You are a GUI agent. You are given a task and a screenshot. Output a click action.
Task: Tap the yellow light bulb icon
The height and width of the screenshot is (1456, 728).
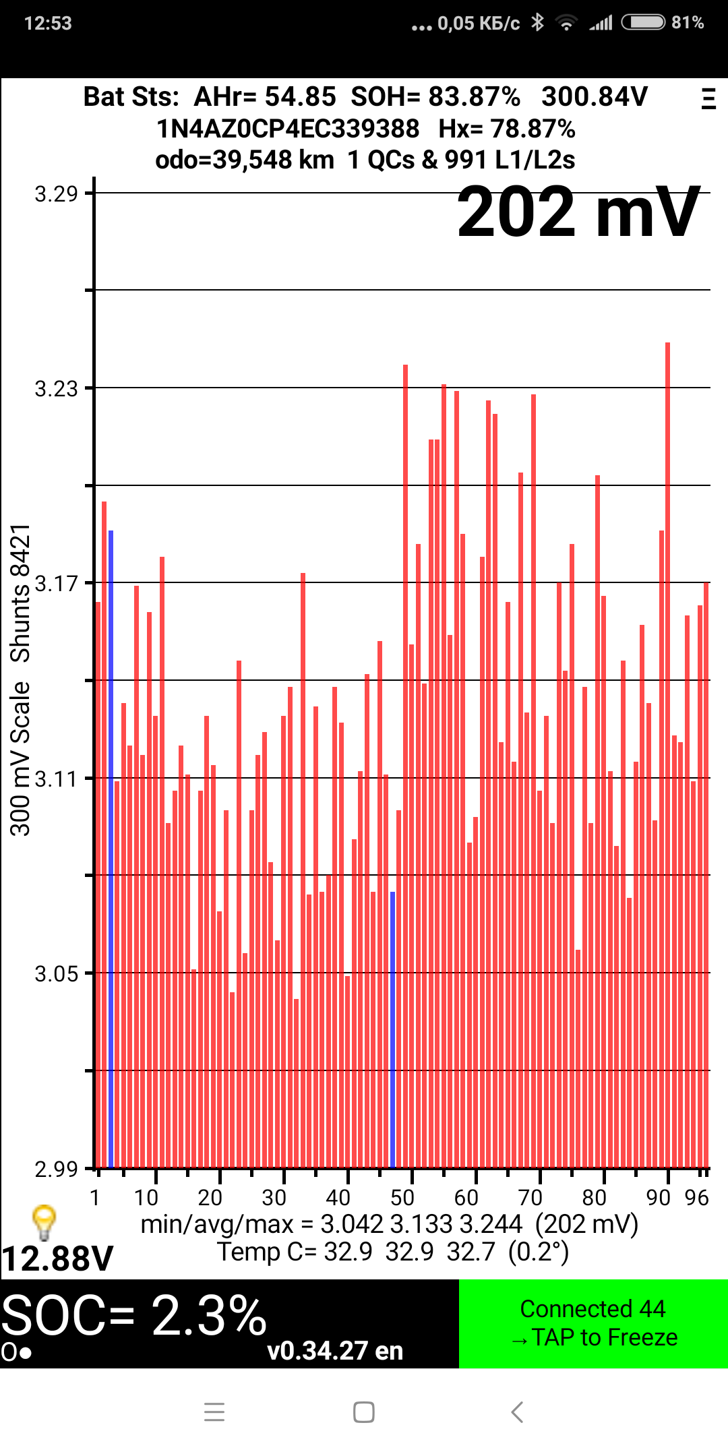tap(44, 1222)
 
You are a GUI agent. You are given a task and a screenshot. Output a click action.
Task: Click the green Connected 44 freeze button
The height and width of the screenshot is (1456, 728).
tap(593, 1323)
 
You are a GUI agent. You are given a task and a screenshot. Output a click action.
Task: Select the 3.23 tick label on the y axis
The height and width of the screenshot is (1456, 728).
tap(57, 389)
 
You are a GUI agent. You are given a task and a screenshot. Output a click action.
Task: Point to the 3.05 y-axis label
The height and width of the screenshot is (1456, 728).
tap(57, 974)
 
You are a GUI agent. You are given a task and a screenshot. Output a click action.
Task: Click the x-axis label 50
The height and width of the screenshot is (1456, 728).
tap(402, 1198)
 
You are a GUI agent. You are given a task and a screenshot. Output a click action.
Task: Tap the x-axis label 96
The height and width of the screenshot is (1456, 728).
tap(696, 1198)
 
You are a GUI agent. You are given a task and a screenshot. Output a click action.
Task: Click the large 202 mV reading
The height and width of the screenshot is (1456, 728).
tap(578, 213)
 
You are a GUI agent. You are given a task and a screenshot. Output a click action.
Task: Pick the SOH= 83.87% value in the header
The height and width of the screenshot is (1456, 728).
tap(435, 97)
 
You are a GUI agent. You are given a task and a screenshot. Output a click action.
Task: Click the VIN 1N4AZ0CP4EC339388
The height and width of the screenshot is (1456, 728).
tap(288, 129)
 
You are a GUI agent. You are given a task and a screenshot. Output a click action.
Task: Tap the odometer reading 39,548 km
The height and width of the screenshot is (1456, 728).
tap(245, 160)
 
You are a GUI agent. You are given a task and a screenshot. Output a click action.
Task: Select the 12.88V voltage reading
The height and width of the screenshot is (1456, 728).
tap(58, 1258)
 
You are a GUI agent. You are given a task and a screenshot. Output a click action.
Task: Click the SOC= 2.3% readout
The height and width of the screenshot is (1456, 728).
tap(135, 1315)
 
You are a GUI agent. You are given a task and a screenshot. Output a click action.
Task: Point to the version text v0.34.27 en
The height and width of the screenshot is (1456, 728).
tap(335, 1351)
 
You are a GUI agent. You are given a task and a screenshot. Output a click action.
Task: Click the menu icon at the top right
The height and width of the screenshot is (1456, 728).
tap(708, 98)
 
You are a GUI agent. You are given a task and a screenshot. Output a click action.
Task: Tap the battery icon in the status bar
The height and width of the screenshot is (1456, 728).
tap(643, 23)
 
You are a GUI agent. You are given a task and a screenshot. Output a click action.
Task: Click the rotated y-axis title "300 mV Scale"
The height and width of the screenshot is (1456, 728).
tap(20, 758)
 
